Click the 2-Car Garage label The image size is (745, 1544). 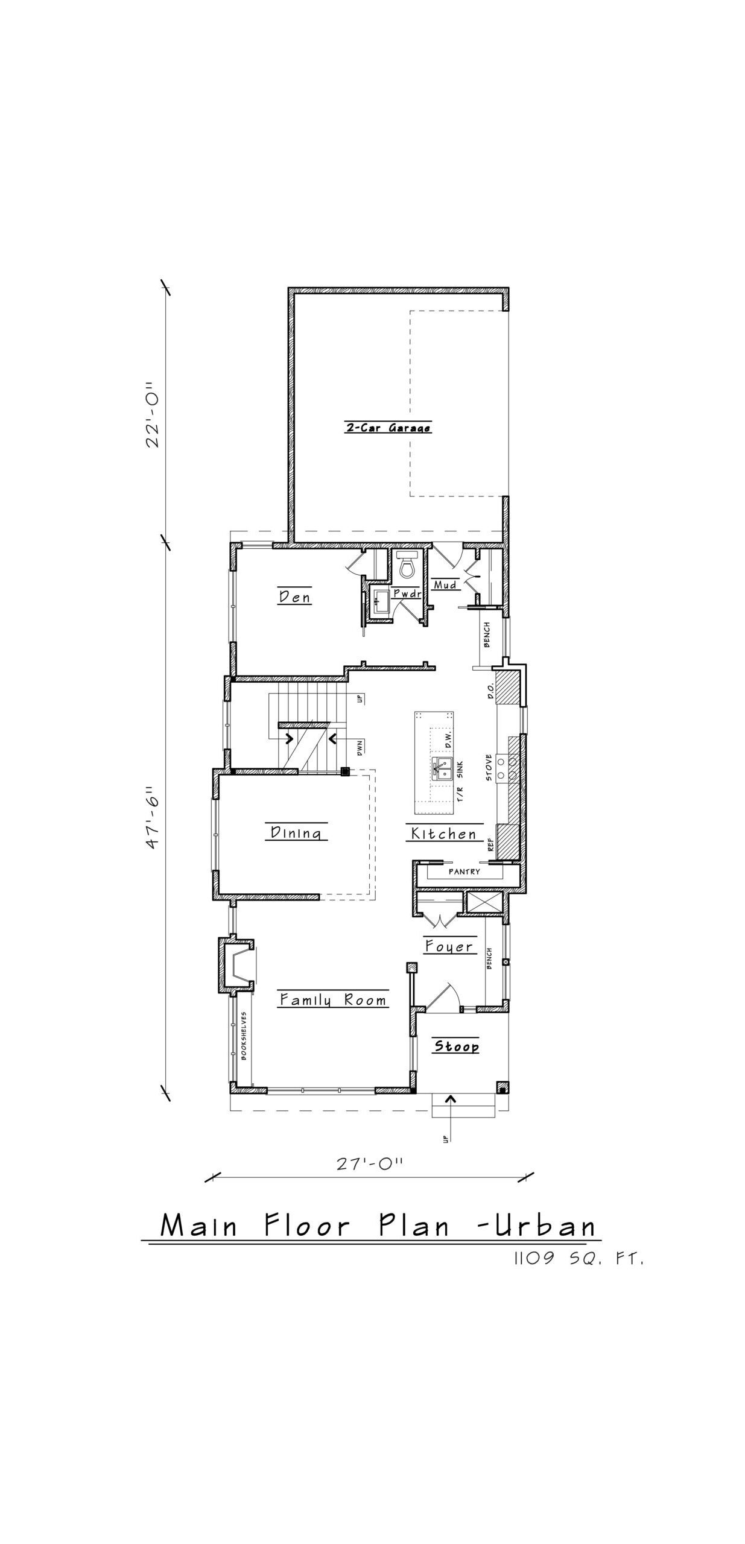tap(388, 428)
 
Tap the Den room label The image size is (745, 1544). tap(295, 596)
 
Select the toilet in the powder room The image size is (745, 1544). tap(406, 563)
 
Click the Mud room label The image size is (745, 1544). tap(445, 584)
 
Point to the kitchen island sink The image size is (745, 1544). tap(442, 768)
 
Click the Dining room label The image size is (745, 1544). tap(296, 832)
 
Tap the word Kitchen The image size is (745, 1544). tap(444, 834)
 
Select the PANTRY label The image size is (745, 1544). tap(464, 872)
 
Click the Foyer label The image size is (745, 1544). tap(449, 946)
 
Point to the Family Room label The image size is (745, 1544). tap(333, 1000)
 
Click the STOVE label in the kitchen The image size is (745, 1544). tap(489, 768)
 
